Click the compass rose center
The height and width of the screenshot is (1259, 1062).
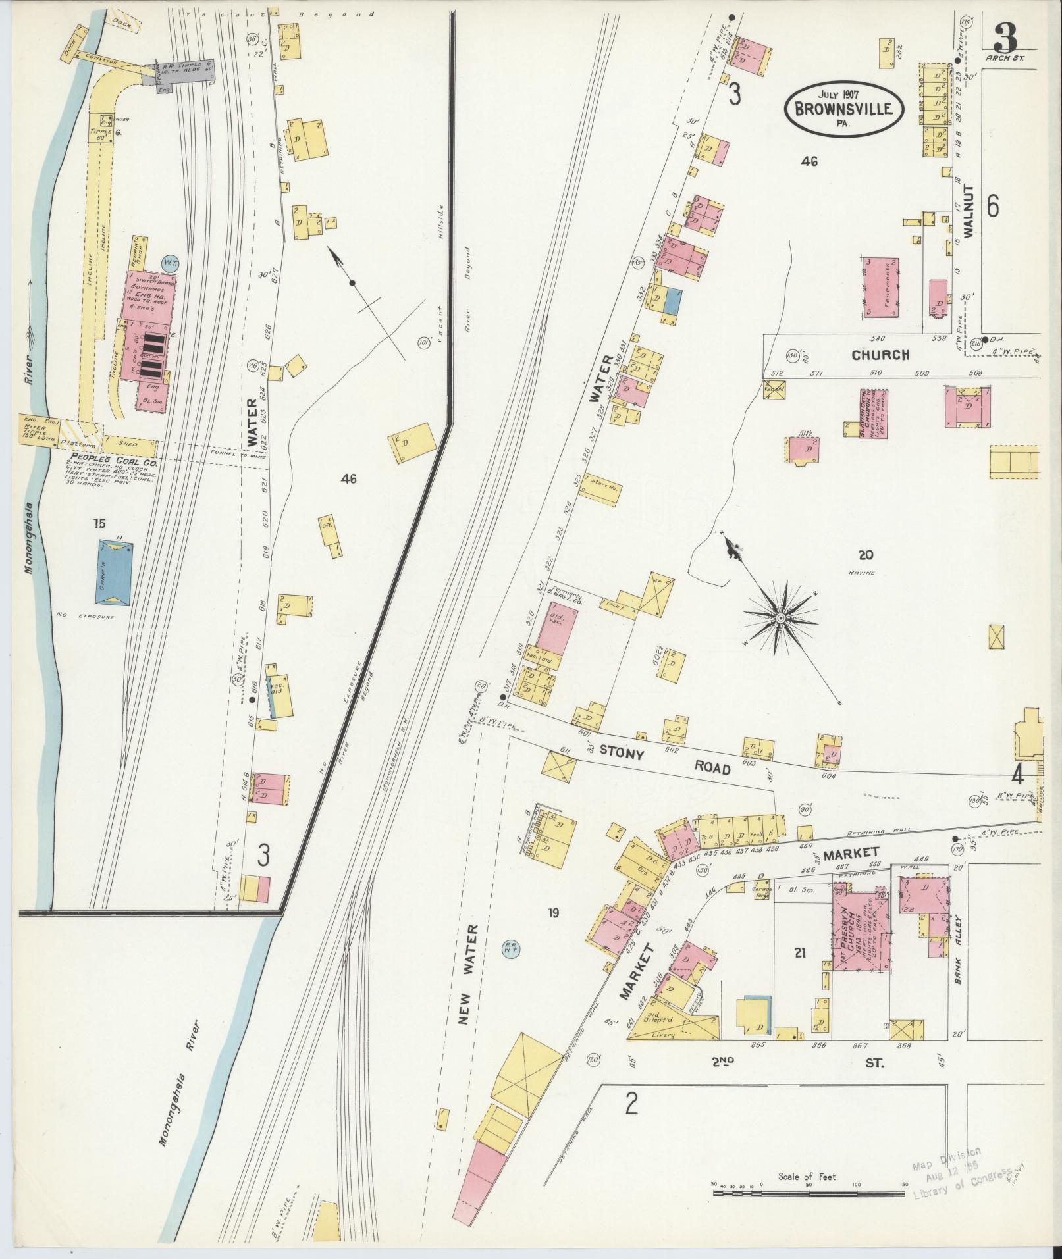[x=780, y=617]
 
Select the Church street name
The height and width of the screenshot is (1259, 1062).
[x=880, y=355]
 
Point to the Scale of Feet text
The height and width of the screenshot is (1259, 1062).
[x=807, y=1177]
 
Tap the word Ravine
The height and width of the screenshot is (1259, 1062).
[x=862, y=573]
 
